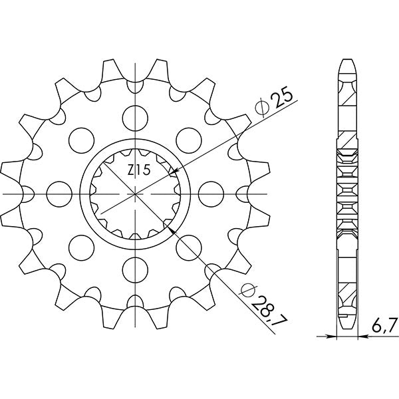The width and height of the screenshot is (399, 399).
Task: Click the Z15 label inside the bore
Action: [139, 170]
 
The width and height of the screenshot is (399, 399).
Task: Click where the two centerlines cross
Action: [136, 194]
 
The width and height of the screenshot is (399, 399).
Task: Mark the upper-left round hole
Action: [80, 139]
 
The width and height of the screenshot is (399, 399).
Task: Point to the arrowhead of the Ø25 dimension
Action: [172, 172]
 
